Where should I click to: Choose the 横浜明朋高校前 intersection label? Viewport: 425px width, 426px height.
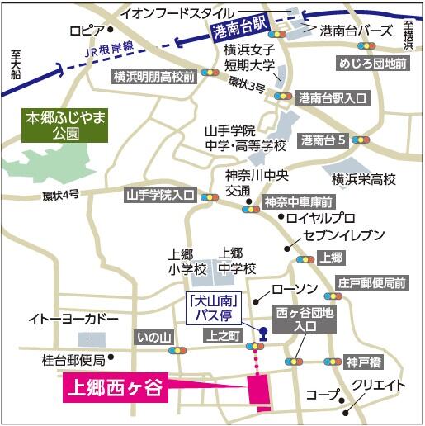click(154, 76)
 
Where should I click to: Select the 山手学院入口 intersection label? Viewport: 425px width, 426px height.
click(158, 196)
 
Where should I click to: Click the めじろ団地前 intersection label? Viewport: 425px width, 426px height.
click(373, 63)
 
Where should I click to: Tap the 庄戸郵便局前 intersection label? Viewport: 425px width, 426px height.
click(371, 283)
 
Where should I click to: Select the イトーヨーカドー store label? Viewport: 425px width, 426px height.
click(73, 319)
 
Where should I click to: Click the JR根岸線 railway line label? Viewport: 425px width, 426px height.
click(108, 52)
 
